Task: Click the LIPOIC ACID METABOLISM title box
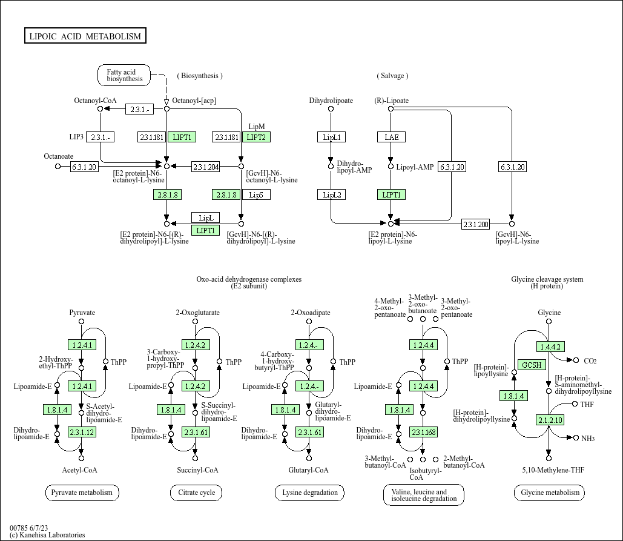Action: [85, 36]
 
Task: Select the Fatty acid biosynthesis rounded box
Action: [125, 75]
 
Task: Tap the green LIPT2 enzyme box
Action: [255, 137]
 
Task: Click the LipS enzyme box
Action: [255, 194]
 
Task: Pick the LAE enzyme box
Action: [391, 137]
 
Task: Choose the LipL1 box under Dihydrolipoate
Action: [331, 137]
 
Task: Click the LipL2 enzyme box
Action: [331, 194]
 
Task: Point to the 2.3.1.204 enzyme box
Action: [206, 166]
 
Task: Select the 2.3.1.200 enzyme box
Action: [475, 224]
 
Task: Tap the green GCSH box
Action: [532, 365]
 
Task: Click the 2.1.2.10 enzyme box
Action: [549, 420]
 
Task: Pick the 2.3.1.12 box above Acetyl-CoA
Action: [82, 432]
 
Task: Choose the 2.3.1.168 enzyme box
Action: [423, 432]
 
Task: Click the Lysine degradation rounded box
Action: [309, 493]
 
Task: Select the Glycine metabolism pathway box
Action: [549, 493]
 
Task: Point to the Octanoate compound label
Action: [58, 156]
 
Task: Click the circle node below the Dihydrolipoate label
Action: [331, 109]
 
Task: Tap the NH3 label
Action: [588, 438]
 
